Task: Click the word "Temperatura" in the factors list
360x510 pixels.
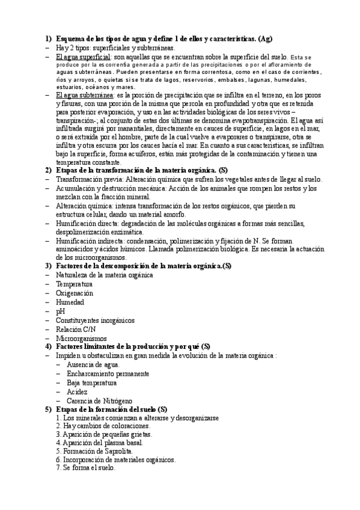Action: pos(74,284)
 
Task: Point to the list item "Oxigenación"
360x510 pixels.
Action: pos(75,293)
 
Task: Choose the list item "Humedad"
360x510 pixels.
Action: pos(70,303)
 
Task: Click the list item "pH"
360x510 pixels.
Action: pos(60,312)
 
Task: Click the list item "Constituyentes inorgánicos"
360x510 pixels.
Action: pos(95,321)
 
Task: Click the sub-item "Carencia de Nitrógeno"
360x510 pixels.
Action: pos(100,401)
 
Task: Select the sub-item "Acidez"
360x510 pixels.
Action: pos(78,392)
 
